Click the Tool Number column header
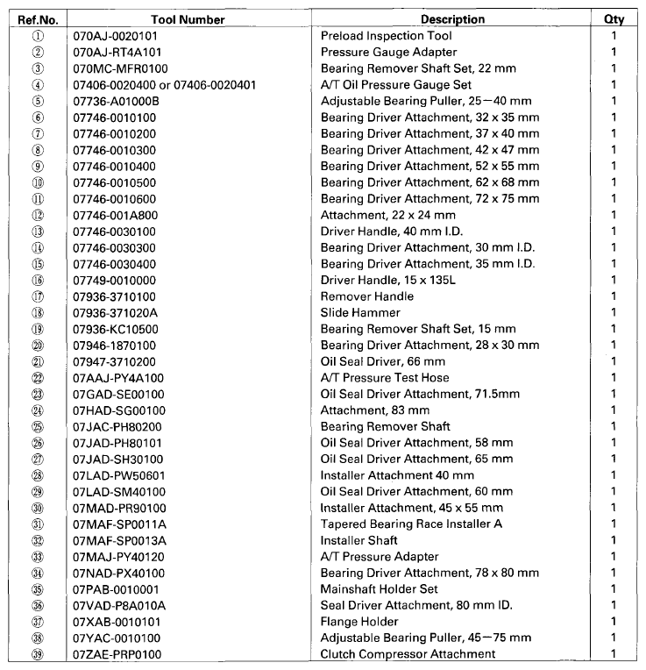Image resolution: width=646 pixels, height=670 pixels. [x=175, y=19]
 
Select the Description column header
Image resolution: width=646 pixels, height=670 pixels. [x=452, y=19]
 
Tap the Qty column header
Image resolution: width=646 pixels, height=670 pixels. [x=614, y=19]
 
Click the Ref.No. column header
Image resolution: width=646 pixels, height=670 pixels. [x=38, y=19]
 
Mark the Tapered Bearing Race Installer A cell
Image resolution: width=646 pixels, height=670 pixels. [x=410, y=524]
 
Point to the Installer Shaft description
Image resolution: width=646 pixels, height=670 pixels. [x=358, y=540]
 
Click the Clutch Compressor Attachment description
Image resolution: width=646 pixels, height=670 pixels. [x=408, y=654]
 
